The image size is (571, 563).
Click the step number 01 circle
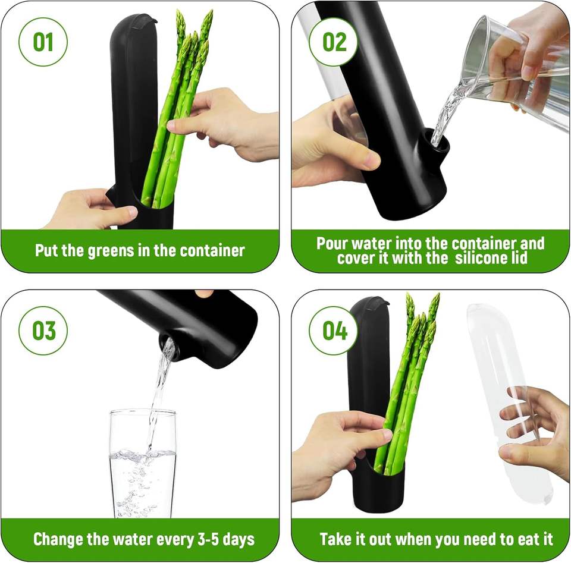[x=43, y=42]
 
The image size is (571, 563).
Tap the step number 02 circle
[x=333, y=42]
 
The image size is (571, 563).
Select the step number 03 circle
[x=43, y=331]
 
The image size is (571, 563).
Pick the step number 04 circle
[x=333, y=331]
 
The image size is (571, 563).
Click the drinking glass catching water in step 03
[x=142, y=463]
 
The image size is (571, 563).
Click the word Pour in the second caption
[x=330, y=243]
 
